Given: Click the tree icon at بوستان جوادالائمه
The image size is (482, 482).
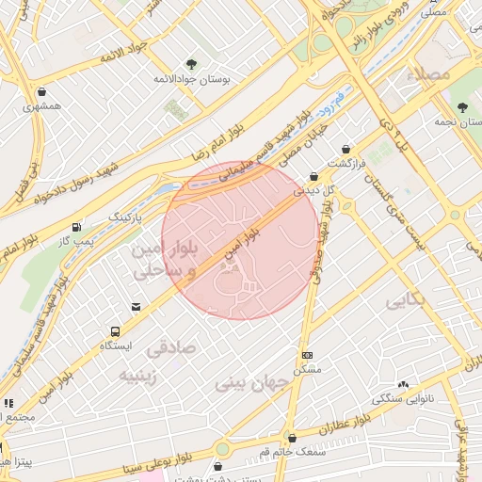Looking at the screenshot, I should pyautogui.click(x=192, y=64).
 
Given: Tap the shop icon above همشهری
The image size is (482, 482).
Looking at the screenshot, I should pyautogui.click(x=43, y=92).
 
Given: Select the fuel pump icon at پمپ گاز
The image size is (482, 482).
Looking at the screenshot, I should pyautogui.click(x=76, y=228).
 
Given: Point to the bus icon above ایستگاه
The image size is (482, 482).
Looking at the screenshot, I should pyautogui.click(x=115, y=331).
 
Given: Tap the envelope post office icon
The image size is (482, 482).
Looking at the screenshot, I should pyautogui.click(x=137, y=307).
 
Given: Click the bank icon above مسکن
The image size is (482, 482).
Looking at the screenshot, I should pyautogui.click(x=307, y=355).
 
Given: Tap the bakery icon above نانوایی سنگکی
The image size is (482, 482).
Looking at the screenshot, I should pyautogui.click(x=404, y=384).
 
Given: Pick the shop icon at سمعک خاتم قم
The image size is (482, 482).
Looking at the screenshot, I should pyautogui.click(x=293, y=438).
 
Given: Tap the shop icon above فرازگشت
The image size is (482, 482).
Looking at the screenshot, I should pyautogui.click(x=346, y=149).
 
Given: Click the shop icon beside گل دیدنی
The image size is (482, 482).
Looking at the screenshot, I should pyautogui.click(x=314, y=176).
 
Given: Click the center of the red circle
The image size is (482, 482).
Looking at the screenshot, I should pyautogui.click(x=240, y=240).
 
